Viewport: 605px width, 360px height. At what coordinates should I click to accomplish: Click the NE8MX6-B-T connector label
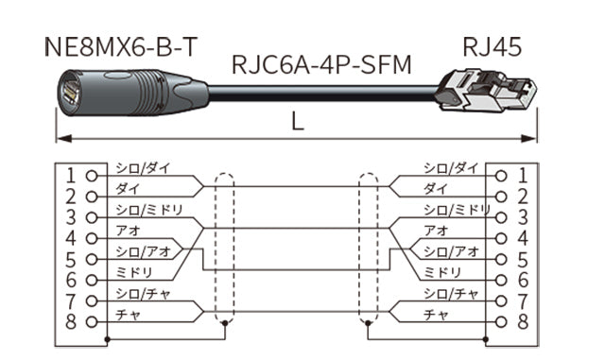pos(121,47)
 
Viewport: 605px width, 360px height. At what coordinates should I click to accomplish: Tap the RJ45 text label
pos(492,47)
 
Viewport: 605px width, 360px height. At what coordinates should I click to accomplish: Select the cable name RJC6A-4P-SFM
pos(321,64)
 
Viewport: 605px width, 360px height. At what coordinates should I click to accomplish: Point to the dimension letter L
pos(298,122)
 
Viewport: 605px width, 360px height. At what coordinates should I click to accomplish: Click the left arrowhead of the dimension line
pos(63,138)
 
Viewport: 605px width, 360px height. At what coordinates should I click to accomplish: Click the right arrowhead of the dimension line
pos(529,138)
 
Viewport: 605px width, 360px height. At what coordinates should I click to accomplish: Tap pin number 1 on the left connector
pos(70,176)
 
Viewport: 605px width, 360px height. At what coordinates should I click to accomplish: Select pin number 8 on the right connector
pos(523,321)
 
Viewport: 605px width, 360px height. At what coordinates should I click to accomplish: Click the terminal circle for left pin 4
pos(92,238)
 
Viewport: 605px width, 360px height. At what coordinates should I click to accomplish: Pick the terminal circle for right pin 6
pos(501,280)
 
